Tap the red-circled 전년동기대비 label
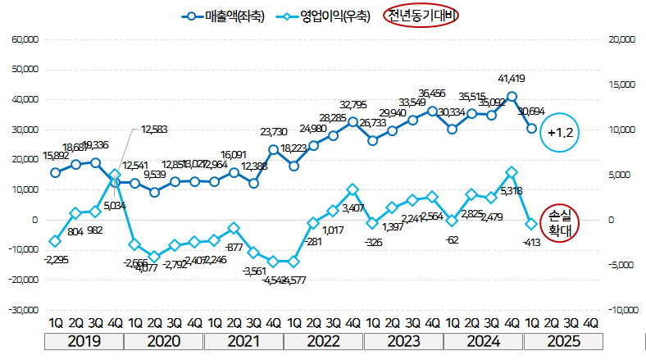(x=422, y=15)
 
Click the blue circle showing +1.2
(x=563, y=132)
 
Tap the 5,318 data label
(x=511, y=191)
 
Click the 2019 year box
(x=84, y=341)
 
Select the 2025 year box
(x=563, y=341)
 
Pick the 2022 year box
(x=324, y=341)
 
